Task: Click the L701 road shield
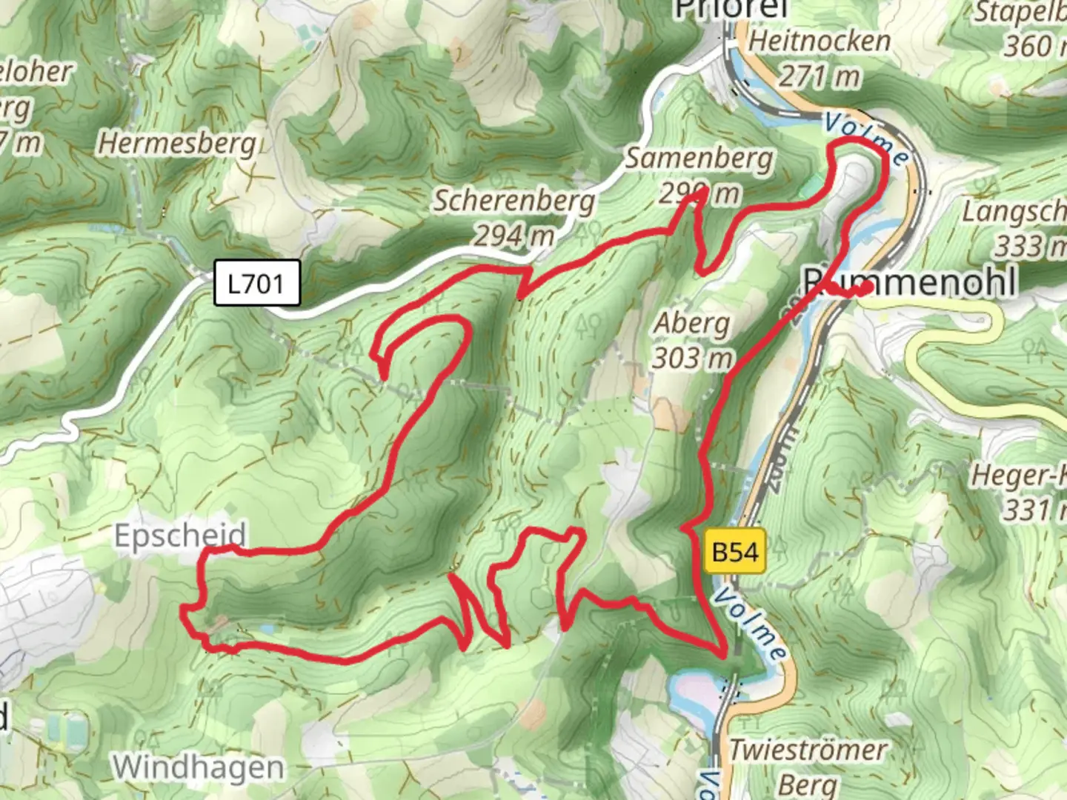coord(256,283)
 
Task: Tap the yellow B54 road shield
coord(734,553)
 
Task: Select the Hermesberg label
coord(177,142)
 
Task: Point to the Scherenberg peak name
coord(513,201)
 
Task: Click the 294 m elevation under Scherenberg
coord(513,236)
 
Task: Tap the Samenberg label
coord(699,159)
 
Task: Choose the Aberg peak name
coord(692,323)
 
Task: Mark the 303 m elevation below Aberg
coord(692,359)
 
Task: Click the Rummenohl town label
coord(911,282)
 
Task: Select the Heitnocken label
coord(820,41)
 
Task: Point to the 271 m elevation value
coord(820,76)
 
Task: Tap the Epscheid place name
coord(180,535)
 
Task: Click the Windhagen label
coord(198,767)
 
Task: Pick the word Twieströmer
coord(808,750)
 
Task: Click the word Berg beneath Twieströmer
coord(808,784)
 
